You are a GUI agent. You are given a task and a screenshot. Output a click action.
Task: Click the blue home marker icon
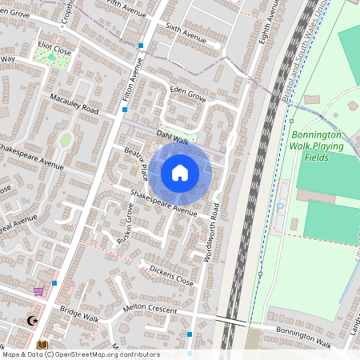(x=180, y=172)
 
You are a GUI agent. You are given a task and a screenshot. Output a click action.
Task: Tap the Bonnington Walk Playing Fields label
(x=317, y=146)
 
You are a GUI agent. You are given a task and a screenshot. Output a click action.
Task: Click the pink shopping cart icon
(x=38, y=291)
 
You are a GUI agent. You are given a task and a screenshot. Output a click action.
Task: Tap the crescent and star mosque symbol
(x=32, y=321)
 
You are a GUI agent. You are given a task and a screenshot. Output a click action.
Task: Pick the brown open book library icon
(x=42, y=345)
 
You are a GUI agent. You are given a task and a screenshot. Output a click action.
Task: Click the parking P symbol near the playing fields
(x=280, y=206)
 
